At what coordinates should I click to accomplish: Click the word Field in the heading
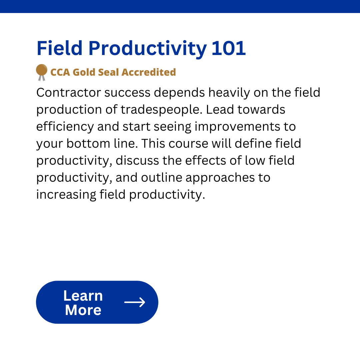[x=59, y=48]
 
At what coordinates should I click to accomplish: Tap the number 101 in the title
[x=229, y=48]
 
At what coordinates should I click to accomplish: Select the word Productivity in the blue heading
[x=147, y=49]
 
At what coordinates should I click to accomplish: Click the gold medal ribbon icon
[x=42, y=72]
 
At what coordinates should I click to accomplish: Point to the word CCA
[x=60, y=72]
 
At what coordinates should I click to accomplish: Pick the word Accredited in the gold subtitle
[x=149, y=72]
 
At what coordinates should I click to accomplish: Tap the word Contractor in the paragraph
[x=69, y=93]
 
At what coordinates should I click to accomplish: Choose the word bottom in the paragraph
[x=88, y=144]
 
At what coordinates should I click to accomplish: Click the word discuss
[x=137, y=161]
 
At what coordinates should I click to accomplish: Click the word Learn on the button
[x=83, y=296]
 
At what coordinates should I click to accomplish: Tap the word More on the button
[x=83, y=310]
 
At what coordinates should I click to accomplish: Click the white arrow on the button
[x=135, y=302]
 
